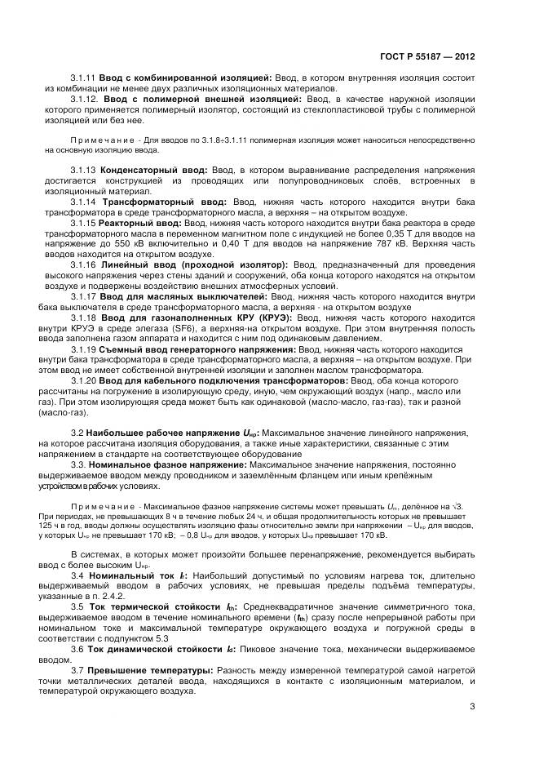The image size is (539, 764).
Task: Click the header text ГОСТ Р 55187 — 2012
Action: tap(427, 58)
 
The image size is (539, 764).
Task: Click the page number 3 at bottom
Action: tap(472, 707)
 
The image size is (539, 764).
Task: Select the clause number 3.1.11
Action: tap(82, 77)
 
